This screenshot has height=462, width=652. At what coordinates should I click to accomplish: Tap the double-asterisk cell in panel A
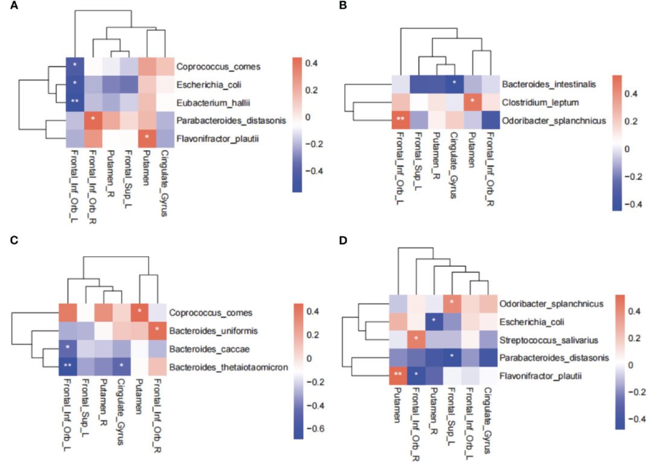pos(75,103)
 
